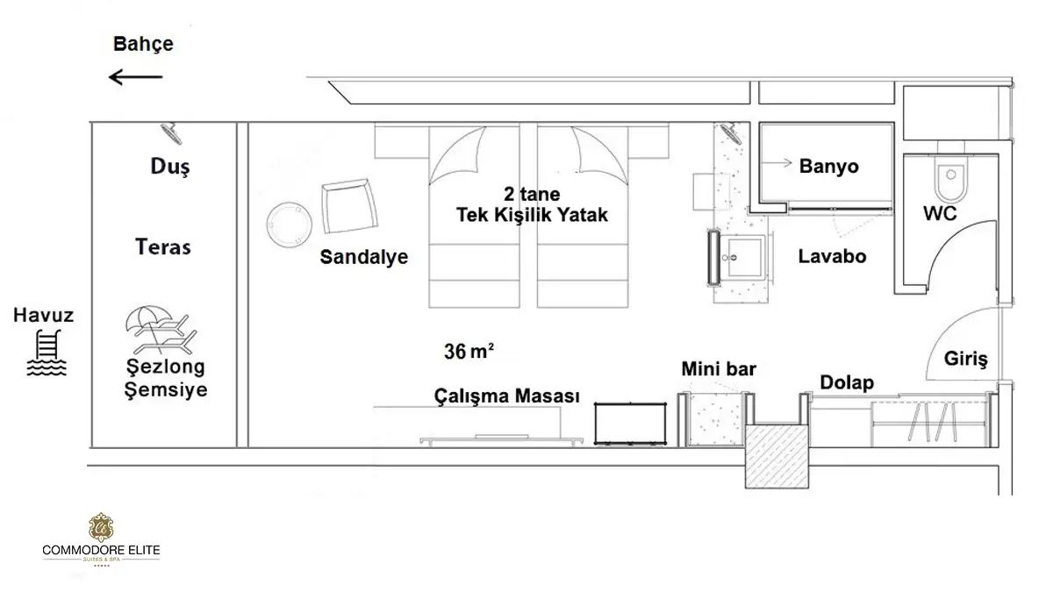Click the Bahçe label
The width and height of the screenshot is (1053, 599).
pos(143,44)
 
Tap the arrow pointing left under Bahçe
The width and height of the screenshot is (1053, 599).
pos(135,77)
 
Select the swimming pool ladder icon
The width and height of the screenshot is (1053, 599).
pos(47,353)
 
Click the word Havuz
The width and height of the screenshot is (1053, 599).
pos(43,315)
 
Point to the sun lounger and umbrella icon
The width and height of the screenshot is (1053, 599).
pos(161,330)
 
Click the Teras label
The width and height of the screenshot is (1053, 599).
pos(163,247)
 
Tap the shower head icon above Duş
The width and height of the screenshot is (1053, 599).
pos(172,133)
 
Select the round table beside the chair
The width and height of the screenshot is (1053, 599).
pos(289,225)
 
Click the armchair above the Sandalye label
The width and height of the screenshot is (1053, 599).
pos(349,206)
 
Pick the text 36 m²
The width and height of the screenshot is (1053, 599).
pos(469,352)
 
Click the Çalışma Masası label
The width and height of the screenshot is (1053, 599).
pos(507,396)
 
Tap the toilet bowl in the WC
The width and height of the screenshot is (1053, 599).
pos(951,180)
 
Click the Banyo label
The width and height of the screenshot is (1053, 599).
pos(828,167)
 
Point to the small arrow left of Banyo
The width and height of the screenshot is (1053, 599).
pos(777,163)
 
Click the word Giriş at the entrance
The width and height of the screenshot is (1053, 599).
pos(966,360)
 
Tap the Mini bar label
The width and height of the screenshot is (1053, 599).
pos(719,369)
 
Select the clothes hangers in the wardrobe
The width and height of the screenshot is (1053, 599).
pos(933,422)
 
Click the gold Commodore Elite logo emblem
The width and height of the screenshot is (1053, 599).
pos(101,528)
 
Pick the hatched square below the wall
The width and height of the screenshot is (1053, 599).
pos(777,456)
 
